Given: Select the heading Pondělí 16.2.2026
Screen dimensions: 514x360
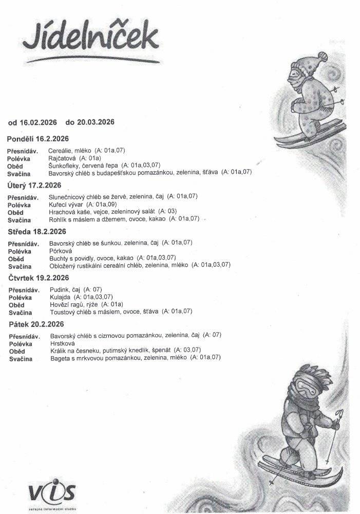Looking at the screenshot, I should tap(38, 139).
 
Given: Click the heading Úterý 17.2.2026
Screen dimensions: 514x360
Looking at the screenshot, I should tap(34, 185).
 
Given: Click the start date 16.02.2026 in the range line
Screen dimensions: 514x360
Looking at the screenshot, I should tap(39, 122).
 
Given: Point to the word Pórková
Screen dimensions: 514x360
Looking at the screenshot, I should tap(60, 250).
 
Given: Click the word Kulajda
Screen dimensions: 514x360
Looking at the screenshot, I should tap(60, 297).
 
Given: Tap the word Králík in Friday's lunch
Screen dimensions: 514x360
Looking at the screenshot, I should tap(58, 351).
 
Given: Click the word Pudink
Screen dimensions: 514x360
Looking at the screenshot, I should tap(59, 289).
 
